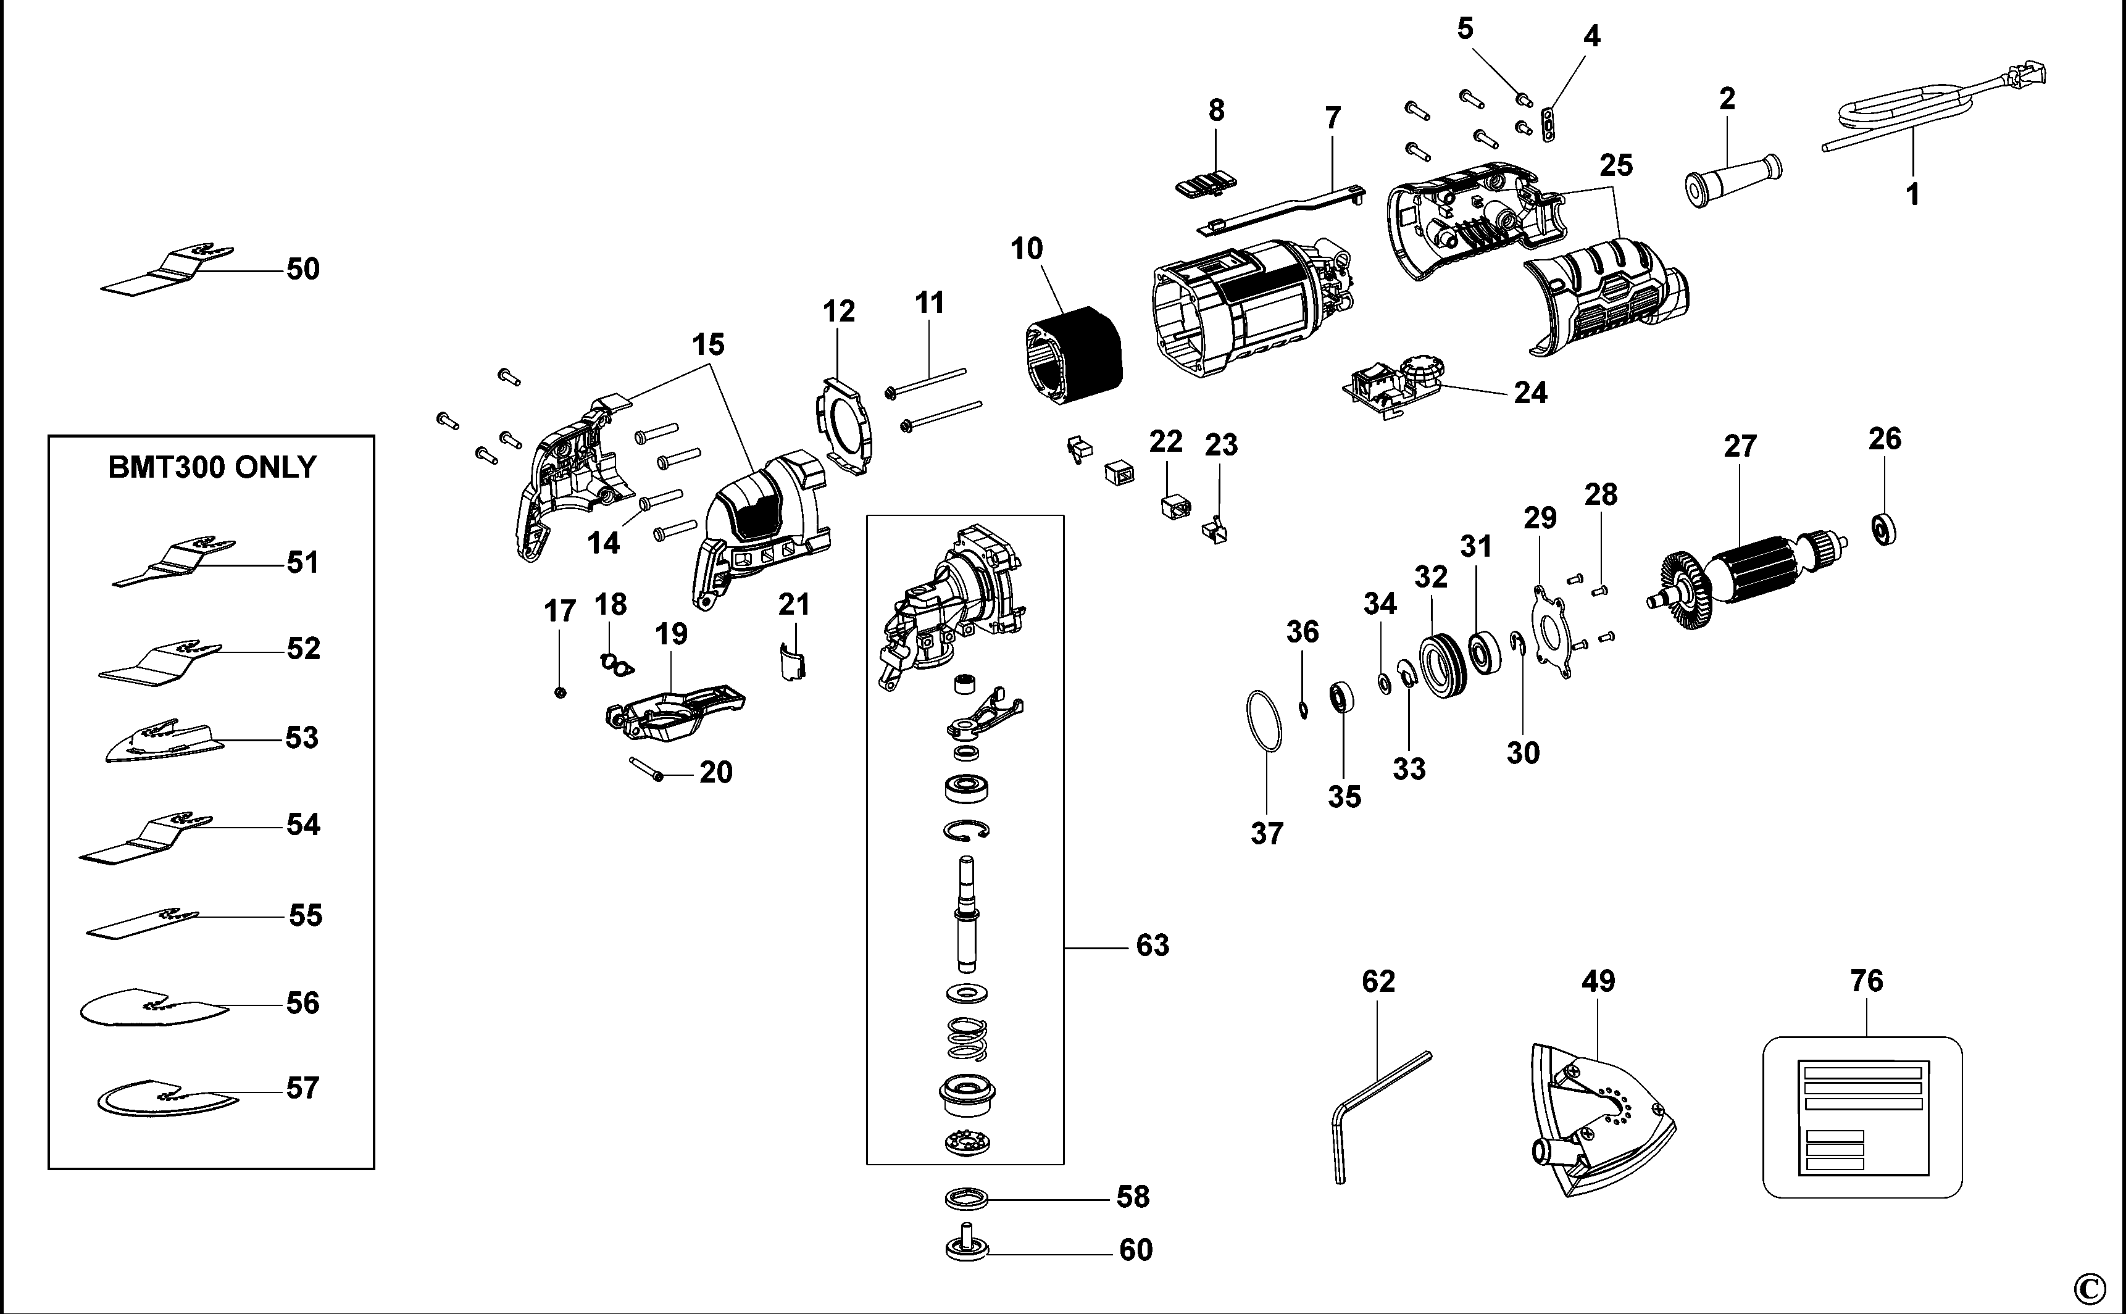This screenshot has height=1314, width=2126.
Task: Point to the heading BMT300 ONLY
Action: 212,468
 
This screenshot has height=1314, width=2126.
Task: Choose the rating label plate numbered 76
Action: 1862,1116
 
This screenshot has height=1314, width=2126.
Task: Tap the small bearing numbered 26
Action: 1883,528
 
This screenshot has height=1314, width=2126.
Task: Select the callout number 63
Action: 1153,946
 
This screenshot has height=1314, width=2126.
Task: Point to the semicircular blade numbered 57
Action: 165,1097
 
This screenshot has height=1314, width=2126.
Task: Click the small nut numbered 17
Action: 561,692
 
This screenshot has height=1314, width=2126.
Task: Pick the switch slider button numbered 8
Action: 1206,185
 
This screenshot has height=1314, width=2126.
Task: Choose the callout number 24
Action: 1531,393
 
